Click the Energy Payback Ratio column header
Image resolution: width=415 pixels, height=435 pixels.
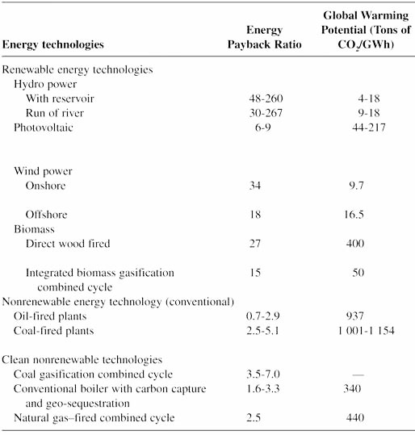pyautogui.click(x=265, y=37)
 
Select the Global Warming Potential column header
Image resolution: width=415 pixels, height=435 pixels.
pyautogui.click(x=366, y=30)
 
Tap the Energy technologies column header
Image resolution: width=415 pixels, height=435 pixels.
pyautogui.click(x=53, y=44)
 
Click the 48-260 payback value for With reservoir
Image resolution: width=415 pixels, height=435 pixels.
pyautogui.click(x=266, y=98)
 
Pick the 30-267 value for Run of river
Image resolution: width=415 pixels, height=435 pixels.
pyautogui.click(x=266, y=113)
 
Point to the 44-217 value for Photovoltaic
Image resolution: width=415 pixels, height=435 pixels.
pyautogui.click(x=369, y=128)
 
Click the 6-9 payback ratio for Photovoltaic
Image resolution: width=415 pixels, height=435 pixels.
pyautogui.click(x=263, y=128)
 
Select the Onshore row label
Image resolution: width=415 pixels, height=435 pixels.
pyautogui.click(x=45, y=186)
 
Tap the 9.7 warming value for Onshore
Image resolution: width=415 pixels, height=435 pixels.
pyautogui.click(x=356, y=186)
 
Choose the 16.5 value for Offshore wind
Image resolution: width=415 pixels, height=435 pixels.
pyautogui.click(x=354, y=215)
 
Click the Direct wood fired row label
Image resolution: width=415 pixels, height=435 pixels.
pyautogui.click(x=68, y=244)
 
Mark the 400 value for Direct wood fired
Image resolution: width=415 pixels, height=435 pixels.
pyautogui.click(x=355, y=244)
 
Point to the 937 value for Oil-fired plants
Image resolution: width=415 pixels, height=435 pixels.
pyautogui.click(x=355, y=316)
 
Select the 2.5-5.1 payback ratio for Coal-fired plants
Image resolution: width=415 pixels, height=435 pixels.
pyautogui.click(x=262, y=331)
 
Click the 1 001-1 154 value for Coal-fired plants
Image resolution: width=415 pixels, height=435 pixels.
pyautogui.click(x=366, y=331)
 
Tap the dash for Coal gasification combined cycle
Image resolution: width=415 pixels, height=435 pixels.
pyautogui.click(x=358, y=374)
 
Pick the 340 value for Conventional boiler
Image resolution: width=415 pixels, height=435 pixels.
pyautogui.click(x=352, y=389)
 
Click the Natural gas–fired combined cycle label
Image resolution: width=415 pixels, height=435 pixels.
pyautogui.click(x=94, y=418)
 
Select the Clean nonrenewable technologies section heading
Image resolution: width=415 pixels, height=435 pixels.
pyautogui.click(x=82, y=360)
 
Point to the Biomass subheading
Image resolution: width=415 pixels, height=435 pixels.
pyautogui.click(x=34, y=229)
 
